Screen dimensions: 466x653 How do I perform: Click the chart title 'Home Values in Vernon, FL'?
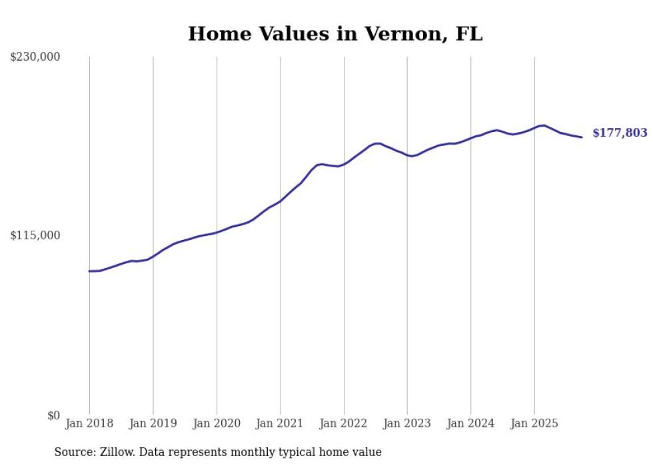(335, 34)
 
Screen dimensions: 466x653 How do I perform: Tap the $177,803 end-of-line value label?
(620, 133)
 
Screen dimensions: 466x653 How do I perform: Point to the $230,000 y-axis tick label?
(35, 57)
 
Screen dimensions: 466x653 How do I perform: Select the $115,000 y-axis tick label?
(35, 235)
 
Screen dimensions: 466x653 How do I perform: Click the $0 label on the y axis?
(53, 415)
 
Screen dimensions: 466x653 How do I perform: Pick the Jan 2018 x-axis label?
(89, 423)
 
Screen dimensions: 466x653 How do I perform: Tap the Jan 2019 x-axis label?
(153, 423)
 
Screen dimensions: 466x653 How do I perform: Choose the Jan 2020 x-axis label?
(217, 423)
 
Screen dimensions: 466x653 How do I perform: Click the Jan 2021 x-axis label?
(280, 423)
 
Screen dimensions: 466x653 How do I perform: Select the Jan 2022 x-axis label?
(344, 423)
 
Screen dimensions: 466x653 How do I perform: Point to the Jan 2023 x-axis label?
(407, 423)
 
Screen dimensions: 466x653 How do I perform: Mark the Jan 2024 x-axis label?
(470, 423)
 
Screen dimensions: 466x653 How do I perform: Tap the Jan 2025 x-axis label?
(534, 423)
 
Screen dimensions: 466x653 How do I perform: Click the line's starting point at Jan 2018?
(89, 271)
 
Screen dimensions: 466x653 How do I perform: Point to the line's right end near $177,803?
(582, 137)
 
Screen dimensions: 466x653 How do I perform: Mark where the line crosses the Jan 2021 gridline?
(280, 201)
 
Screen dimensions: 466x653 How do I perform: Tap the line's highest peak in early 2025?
(544, 125)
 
